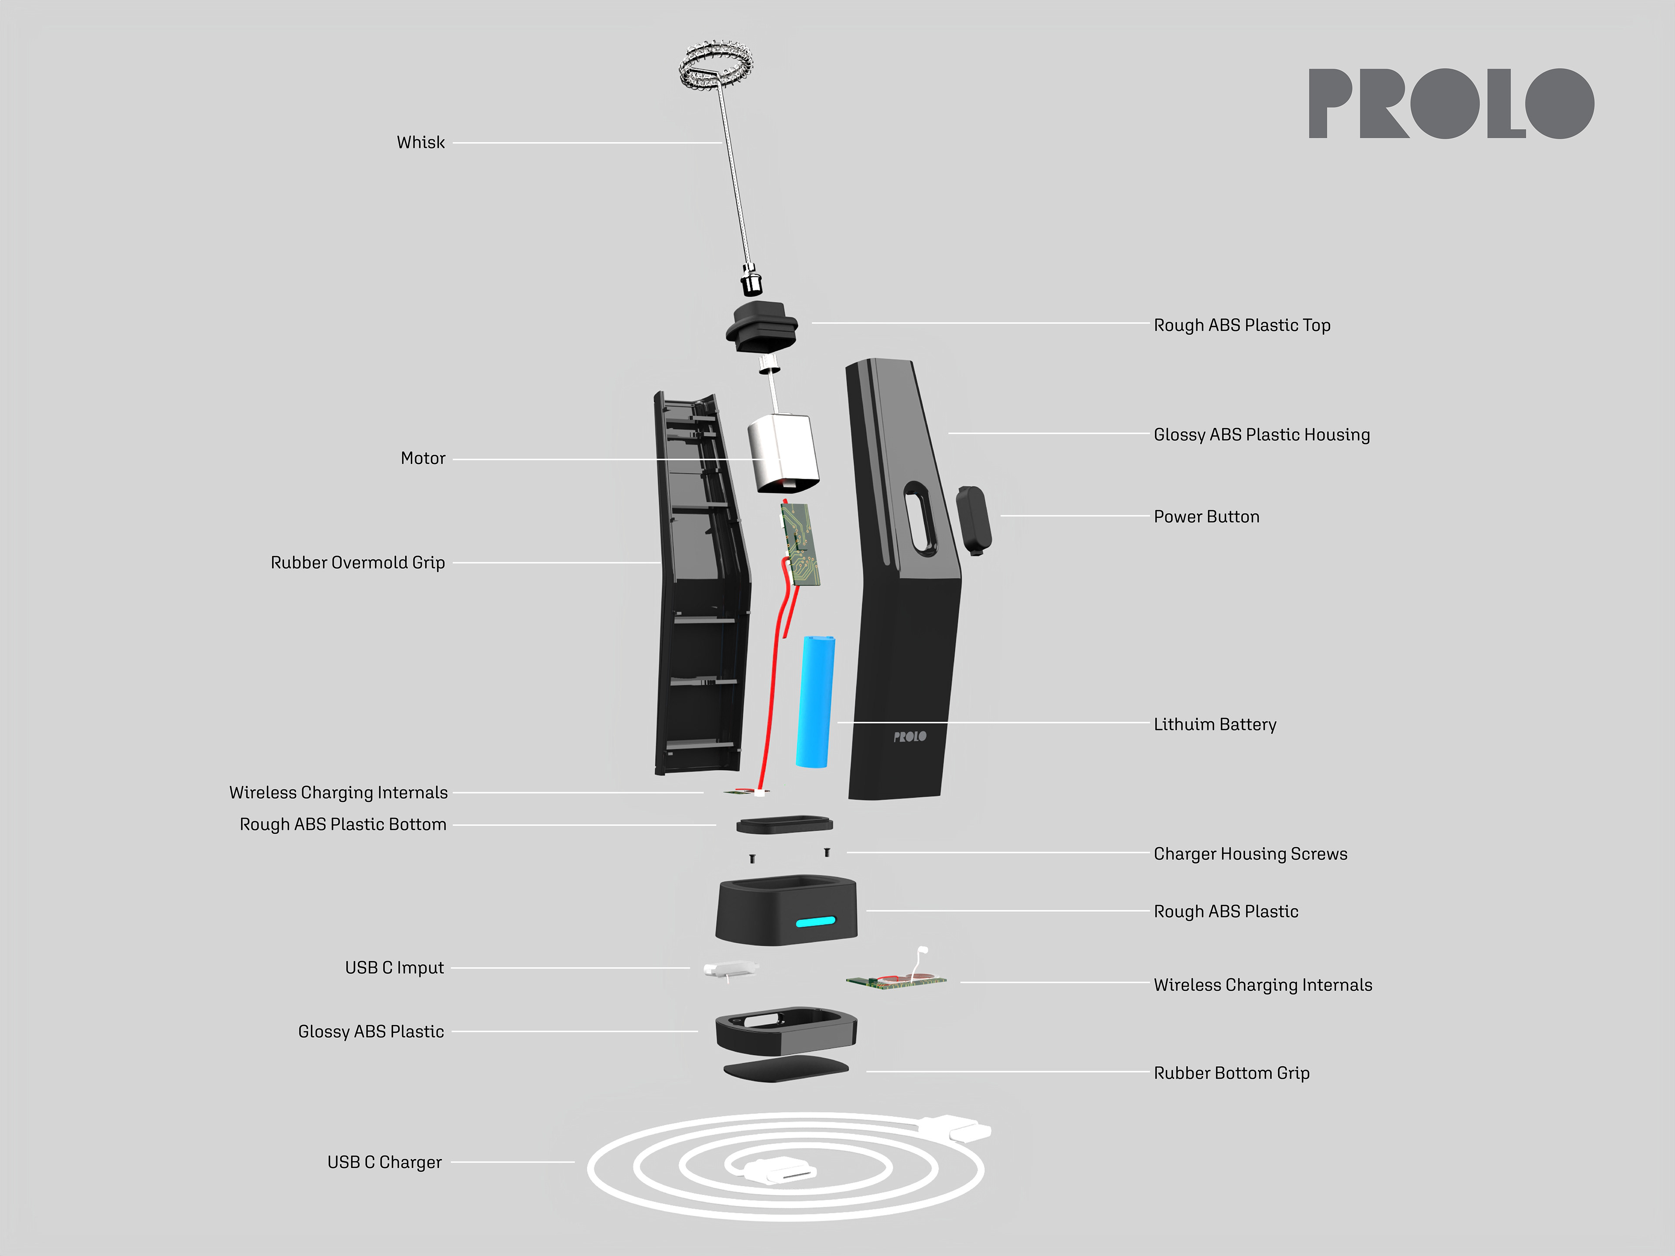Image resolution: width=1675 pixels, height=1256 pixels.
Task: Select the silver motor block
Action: [x=783, y=452]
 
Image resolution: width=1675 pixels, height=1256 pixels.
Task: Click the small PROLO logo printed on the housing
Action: [x=909, y=736]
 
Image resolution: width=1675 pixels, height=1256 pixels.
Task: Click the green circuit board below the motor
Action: [x=801, y=544]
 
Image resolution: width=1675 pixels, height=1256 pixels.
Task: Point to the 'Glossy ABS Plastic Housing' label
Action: [x=1261, y=435]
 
